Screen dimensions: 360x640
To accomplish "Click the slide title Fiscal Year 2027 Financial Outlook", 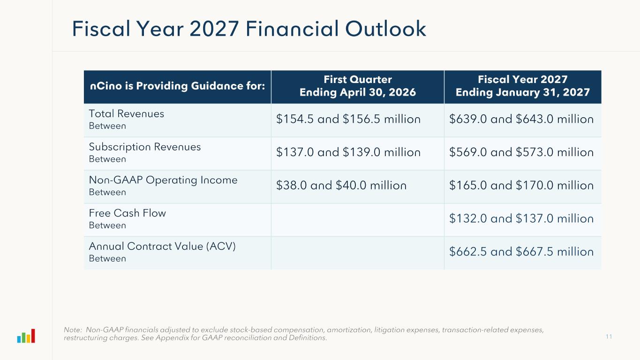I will [249, 29].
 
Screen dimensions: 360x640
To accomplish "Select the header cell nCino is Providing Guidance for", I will [177, 87].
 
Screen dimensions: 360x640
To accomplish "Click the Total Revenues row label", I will [127, 114].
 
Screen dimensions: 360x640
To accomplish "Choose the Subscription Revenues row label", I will [145, 147].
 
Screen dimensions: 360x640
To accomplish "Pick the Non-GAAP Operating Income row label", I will [163, 180].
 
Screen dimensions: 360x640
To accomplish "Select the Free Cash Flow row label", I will [128, 213].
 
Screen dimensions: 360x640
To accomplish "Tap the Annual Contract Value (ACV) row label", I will [162, 247].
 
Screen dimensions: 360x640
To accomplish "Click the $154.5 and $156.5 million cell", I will [348, 120].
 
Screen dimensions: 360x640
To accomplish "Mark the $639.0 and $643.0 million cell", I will [521, 120].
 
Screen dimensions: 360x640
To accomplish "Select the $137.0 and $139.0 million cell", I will [348, 153].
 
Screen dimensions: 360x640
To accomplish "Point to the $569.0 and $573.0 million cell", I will [521, 153].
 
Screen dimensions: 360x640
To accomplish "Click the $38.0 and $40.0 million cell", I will [341, 186].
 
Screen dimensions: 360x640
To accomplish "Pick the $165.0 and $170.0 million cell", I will [521, 186].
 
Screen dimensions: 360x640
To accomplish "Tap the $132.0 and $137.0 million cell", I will [521, 219].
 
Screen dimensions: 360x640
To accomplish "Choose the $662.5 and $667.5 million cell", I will [521, 252].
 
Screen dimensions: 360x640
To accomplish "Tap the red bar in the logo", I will [33, 336].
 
